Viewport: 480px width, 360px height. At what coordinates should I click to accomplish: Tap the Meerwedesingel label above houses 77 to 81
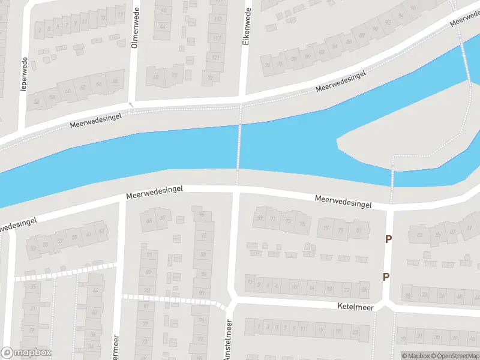(343, 202)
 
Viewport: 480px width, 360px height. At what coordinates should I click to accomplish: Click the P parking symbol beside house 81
(388, 239)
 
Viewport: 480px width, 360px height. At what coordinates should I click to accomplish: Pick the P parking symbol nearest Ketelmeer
(386, 277)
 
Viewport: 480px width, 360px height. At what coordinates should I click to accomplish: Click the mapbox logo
(26, 353)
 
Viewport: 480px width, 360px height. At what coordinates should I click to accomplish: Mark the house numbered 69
(260, 218)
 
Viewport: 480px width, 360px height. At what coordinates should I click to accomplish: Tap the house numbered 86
(203, 274)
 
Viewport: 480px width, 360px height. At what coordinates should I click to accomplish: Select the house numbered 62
(83, 87)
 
